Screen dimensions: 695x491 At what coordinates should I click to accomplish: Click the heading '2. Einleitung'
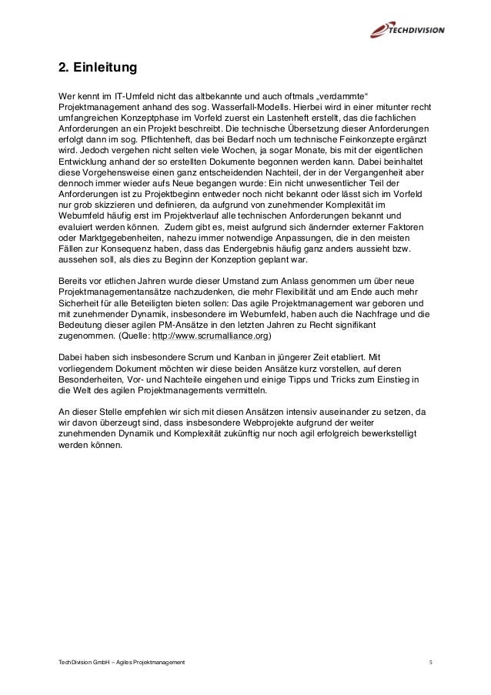(x=98, y=68)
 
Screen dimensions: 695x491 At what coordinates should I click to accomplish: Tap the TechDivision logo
(x=403, y=29)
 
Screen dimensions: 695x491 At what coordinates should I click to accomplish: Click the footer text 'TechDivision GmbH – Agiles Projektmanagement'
(x=121, y=662)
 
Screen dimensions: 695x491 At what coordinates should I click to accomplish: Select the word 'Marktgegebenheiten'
(x=107, y=240)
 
